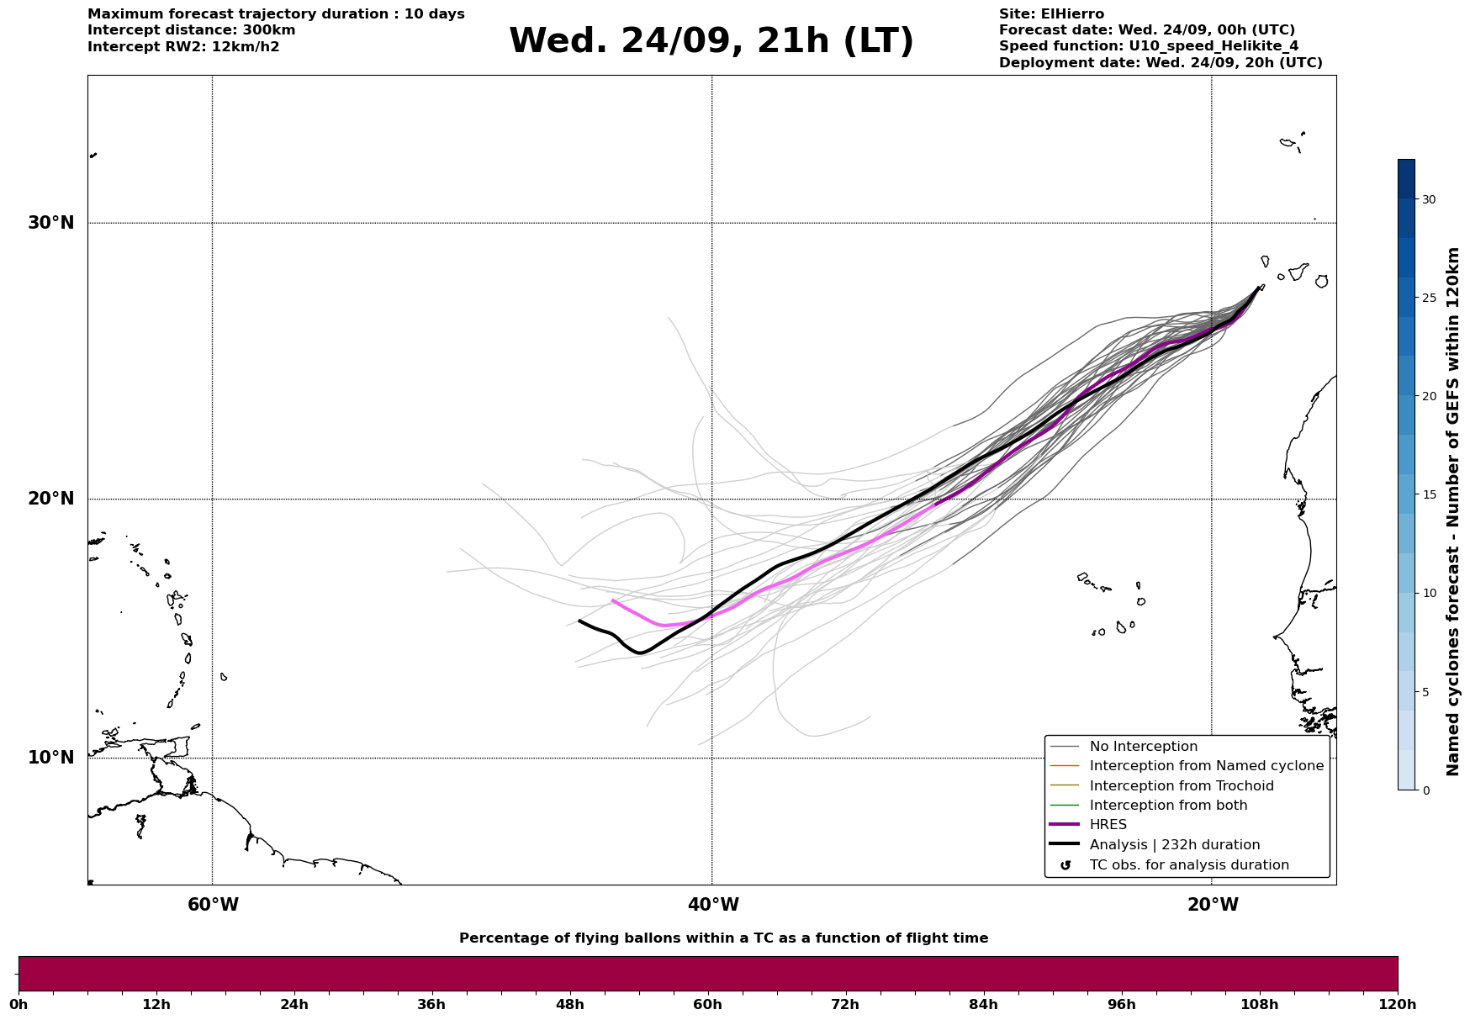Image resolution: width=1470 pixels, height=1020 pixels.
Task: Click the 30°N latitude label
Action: (x=50, y=223)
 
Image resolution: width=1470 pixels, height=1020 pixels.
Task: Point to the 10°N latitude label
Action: (x=50, y=758)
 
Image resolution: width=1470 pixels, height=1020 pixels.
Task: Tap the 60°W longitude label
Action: (x=213, y=905)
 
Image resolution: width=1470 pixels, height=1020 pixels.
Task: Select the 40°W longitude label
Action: (x=713, y=905)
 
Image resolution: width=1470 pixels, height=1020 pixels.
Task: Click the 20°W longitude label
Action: (x=1213, y=905)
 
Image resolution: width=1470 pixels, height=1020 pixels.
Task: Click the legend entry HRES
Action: (x=1108, y=825)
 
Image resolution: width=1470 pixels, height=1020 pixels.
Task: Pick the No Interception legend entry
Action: (x=1143, y=747)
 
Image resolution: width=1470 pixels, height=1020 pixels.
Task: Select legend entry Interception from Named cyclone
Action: (x=1206, y=766)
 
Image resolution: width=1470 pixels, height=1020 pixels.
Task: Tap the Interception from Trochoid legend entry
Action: (x=1181, y=786)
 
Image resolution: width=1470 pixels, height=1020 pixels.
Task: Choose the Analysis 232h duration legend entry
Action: (x=1174, y=845)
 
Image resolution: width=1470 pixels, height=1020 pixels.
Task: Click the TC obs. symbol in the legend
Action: (x=1065, y=865)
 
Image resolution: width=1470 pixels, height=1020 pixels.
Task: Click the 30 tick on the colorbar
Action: (x=1429, y=199)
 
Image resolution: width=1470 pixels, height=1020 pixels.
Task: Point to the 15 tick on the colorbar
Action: (x=1429, y=494)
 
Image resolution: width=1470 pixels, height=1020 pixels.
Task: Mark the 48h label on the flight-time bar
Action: (x=570, y=1004)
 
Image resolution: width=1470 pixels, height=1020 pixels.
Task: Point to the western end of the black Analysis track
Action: (x=579, y=621)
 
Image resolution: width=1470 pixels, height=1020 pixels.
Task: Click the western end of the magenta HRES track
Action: (x=612, y=600)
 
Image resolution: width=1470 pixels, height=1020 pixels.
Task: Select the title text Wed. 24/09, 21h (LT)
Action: (x=711, y=41)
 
